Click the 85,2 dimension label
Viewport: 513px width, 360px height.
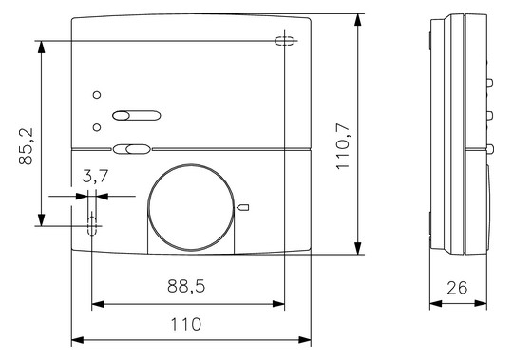pos(26,146)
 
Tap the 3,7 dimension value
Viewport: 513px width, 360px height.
pos(95,177)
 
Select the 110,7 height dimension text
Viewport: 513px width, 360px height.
pos(343,146)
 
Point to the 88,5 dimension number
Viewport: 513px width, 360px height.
pos(186,286)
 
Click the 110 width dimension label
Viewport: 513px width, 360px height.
pos(186,324)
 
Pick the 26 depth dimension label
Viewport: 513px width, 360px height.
pos(457,288)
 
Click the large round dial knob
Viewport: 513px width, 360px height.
pos(191,207)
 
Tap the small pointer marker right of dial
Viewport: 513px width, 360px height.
pos(243,207)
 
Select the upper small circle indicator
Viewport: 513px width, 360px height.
pos(97,95)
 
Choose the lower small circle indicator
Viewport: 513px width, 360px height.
pos(97,127)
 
